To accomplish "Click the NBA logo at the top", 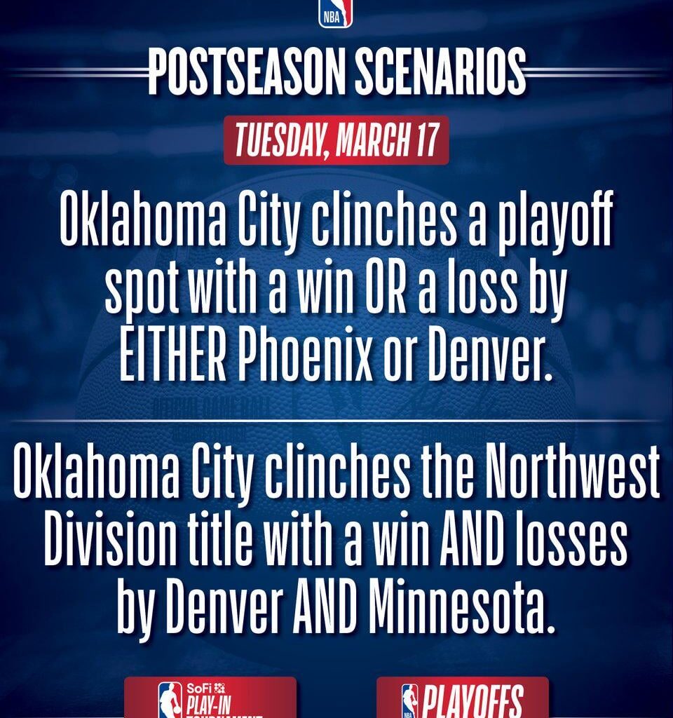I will click(336, 14).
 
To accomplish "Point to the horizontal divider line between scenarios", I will click(336, 421).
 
